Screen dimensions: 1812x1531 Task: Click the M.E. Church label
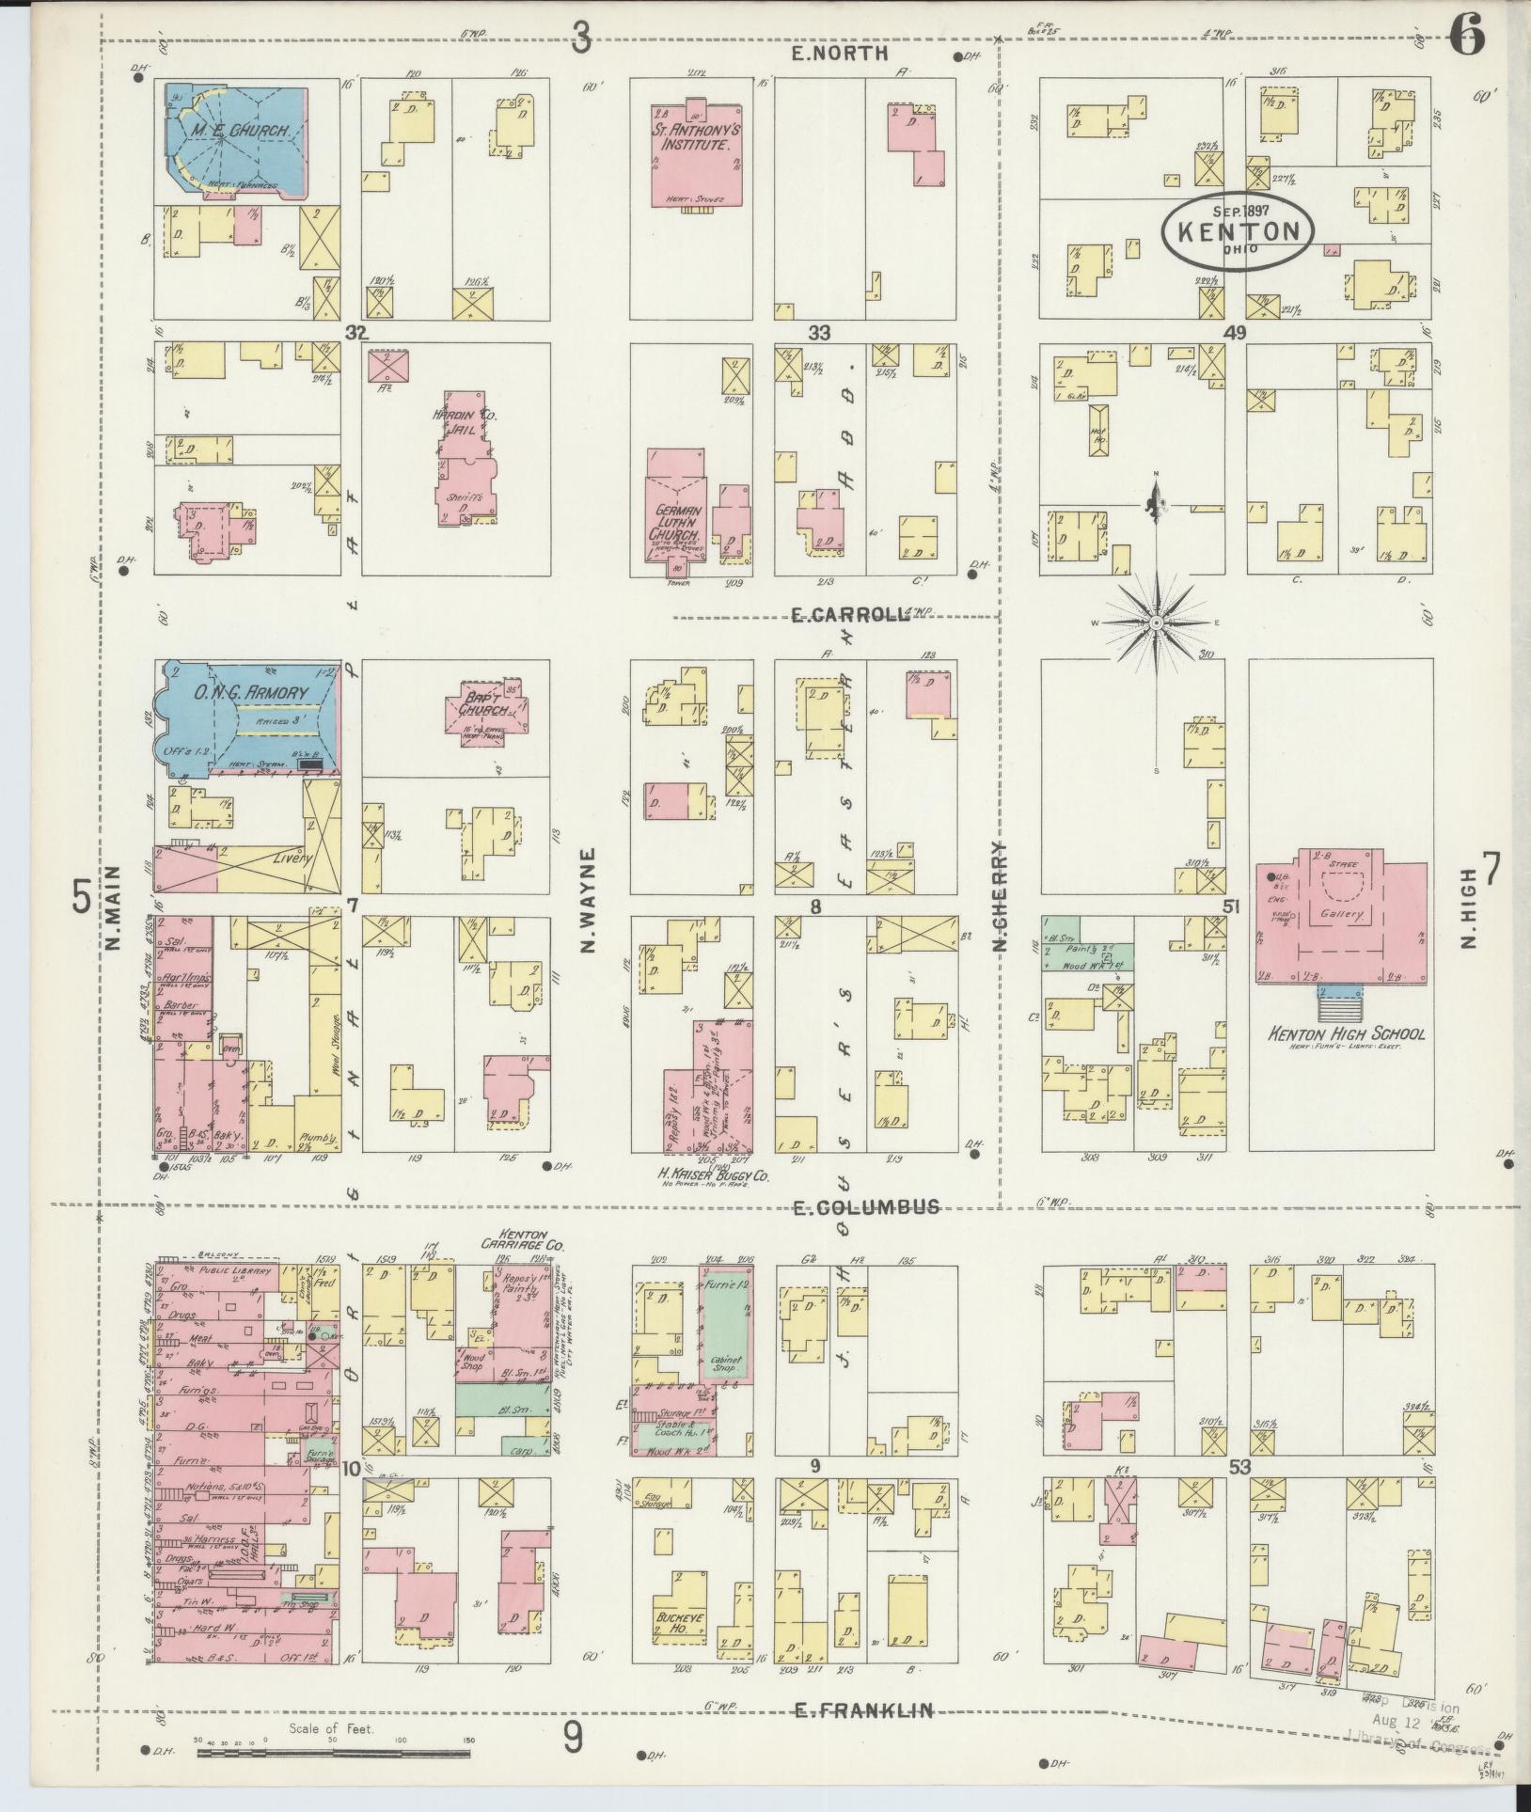coord(236,131)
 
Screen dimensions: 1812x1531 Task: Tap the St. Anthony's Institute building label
coord(693,139)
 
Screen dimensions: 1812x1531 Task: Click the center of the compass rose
coord(1156,623)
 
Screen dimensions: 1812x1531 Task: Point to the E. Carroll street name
coord(848,615)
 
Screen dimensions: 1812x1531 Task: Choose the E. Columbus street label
coord(865,1206)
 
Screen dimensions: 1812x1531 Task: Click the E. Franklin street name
coord(863,1710)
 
